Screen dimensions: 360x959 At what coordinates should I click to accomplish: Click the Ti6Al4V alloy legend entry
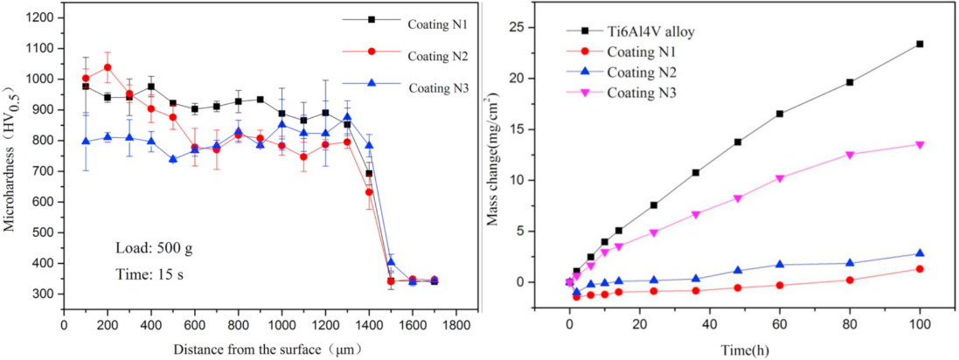click(x=645, y=32)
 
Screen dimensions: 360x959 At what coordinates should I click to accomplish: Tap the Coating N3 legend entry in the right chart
click(x=642, y=92)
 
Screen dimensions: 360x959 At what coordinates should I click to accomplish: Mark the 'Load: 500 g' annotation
click(x=154, y=247)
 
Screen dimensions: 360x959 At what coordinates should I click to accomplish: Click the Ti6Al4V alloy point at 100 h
click(x=920, y=44)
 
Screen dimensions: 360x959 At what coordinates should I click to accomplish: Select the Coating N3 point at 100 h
click(x=920, y=144)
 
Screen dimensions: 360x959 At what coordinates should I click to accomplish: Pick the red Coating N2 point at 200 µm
click(x=108, y=67)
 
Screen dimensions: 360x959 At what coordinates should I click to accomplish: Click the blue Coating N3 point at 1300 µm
click(x=347, y=117)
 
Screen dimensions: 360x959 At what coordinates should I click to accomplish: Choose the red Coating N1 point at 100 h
click(x=920, y=269)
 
